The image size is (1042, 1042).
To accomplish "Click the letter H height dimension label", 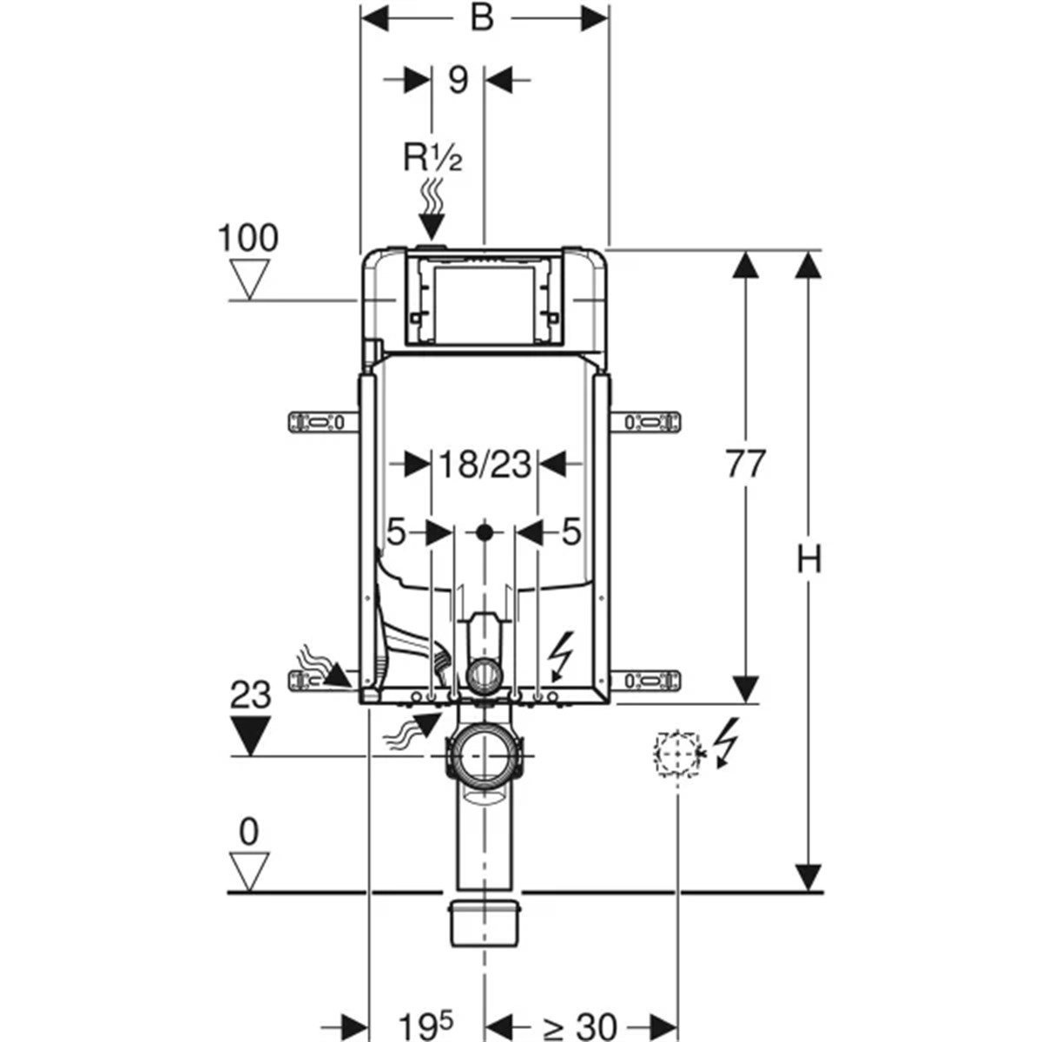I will (x=809, y=560).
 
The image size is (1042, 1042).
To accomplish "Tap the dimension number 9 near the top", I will (x=458, y=80).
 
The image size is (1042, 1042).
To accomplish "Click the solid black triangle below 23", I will (x=250, y=735).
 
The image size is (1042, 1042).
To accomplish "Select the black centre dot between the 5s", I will (x=485, y=531).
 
